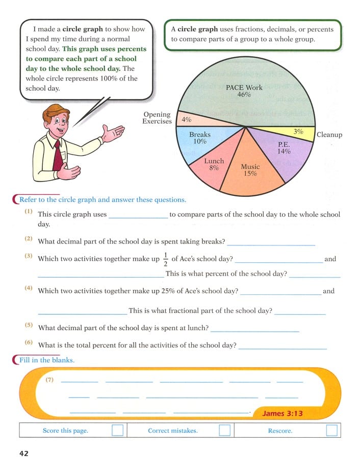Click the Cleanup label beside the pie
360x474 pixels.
tap(329, 135)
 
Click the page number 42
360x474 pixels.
tap(24, 454)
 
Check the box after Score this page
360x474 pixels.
tap(117, 431)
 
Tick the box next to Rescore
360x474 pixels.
tap(331, 431)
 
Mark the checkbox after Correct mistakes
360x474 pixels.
tap(224, 431)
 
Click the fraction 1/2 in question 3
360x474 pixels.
tap(165, 259)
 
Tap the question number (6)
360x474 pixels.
tap(29, 342)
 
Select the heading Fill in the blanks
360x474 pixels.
tap(47, 360)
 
